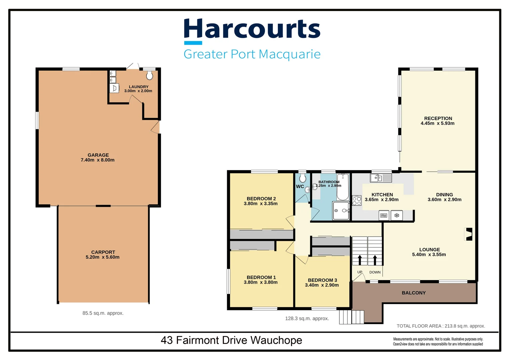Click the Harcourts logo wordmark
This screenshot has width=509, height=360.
252,29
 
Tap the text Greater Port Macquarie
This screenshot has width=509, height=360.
252,54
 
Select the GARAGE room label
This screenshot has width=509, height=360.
98,155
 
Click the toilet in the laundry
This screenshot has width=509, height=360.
150,75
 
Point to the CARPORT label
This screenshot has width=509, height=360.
103,252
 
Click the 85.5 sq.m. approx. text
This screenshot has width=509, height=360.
103,313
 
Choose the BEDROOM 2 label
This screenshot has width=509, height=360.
261,199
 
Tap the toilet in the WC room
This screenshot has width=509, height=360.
302,178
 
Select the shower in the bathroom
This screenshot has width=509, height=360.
341,211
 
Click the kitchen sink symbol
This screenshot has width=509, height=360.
381,178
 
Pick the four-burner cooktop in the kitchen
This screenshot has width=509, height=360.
357,201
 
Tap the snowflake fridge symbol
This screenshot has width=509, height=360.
397,216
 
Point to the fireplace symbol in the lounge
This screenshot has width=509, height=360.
469,234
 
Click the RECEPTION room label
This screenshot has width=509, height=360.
438,118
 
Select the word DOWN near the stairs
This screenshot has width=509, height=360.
375,272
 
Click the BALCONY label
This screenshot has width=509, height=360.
413,293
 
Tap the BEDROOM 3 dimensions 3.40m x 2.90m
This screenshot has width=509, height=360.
322,285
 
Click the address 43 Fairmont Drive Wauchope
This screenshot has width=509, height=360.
231,340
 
